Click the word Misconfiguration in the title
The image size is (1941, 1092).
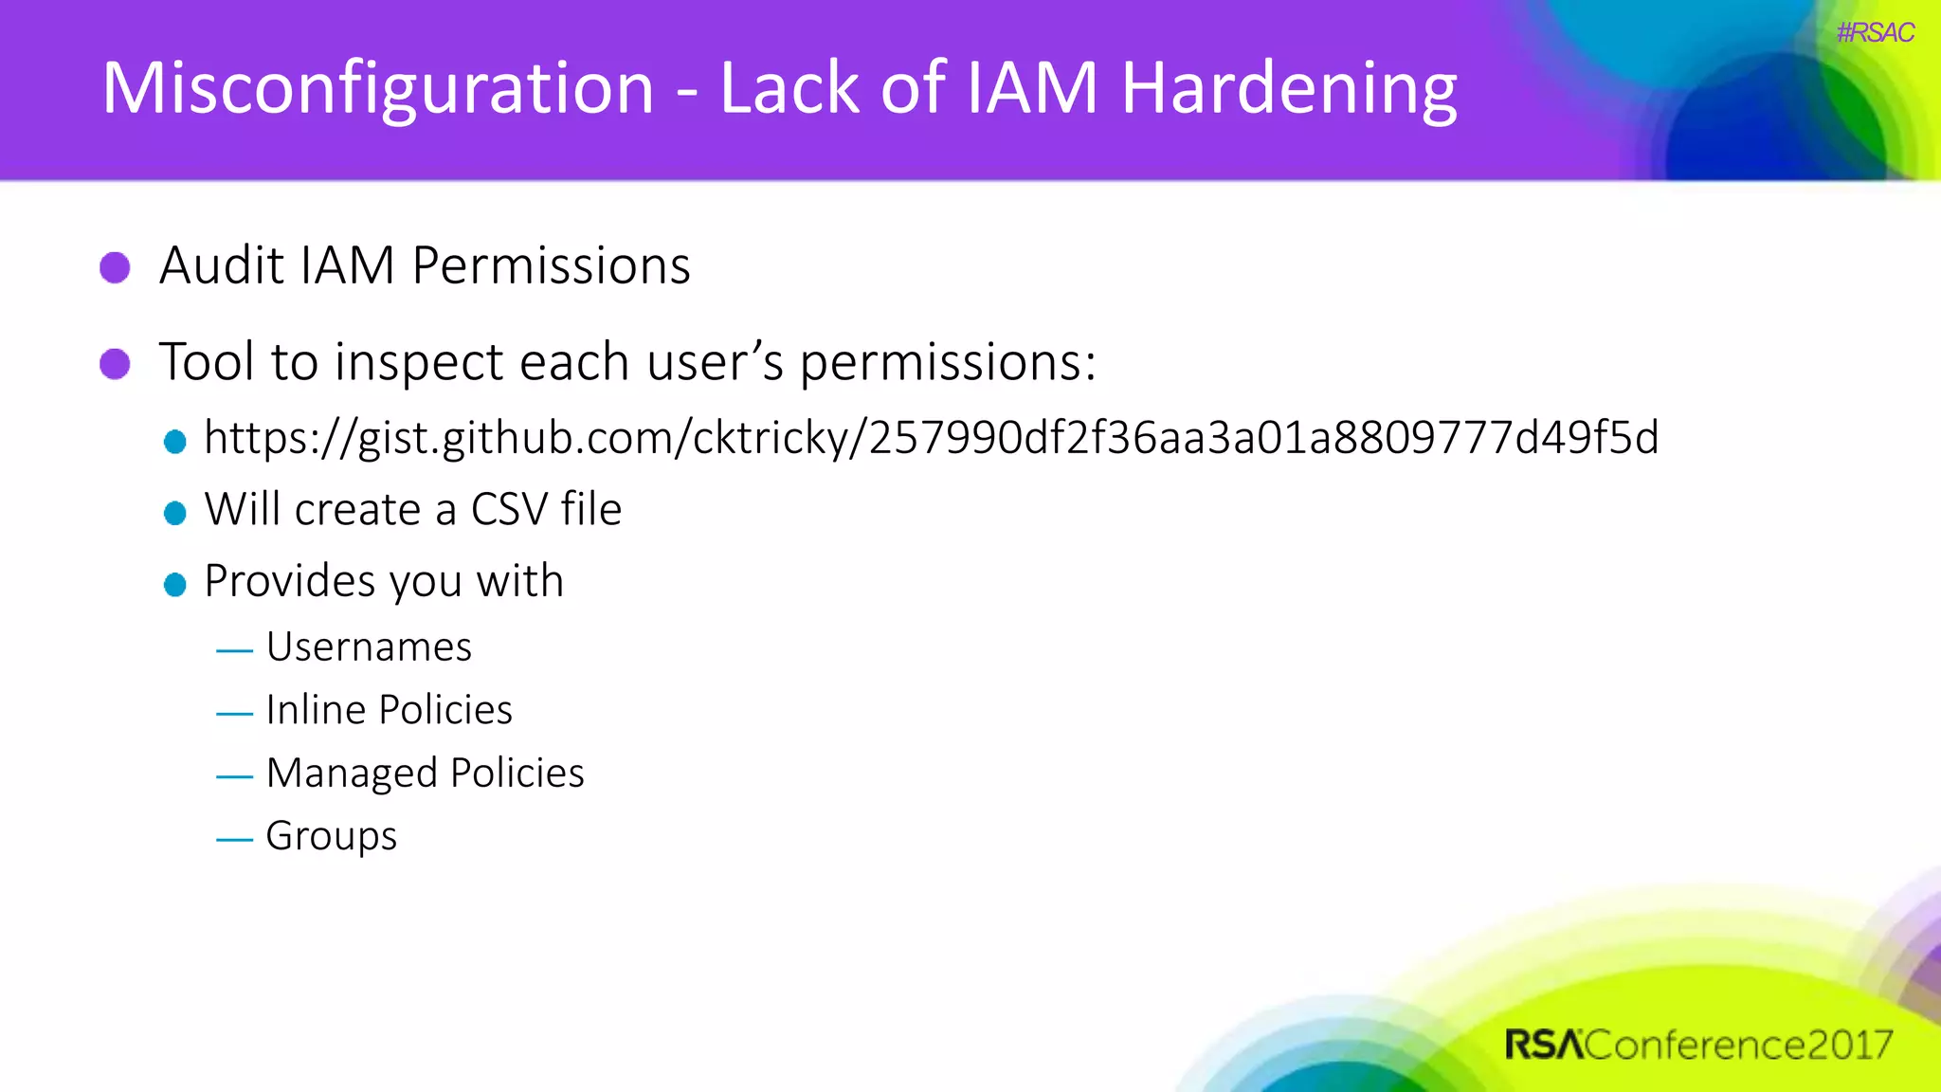pyautogui.click(x=377, y=88)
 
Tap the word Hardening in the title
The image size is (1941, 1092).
pyautogui.click(x=1289, y=88)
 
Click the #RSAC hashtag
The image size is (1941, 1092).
pyautogui.click(x=1875, y=33)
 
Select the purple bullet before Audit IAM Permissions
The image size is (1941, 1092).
pyautogui.click(x=115, y=267)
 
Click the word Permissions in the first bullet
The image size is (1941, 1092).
pyautogui.click(x=551, y=265)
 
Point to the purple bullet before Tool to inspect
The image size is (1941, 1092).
pyautogui.click(x=115, y=363)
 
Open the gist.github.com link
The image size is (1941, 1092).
pyautogui.click(x=931, y=438)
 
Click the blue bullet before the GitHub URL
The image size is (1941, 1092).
pyautogui.click(x=174, y=442)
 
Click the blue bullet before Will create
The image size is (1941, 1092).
pyautogui.click(x=174, y=513)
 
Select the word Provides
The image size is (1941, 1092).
pyautogui.click(x=289, y=580)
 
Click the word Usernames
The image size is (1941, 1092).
pyautogui.click(x=369, y=647)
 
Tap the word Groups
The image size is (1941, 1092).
pyautogui.click(x=331, y=836)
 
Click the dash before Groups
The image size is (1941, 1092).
pyautogui.click(x=234, y=840)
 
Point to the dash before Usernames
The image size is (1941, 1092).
pyautogui.click(x=234, y=651)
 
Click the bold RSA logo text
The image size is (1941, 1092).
pyautogui.click(x=1543, y=1045)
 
